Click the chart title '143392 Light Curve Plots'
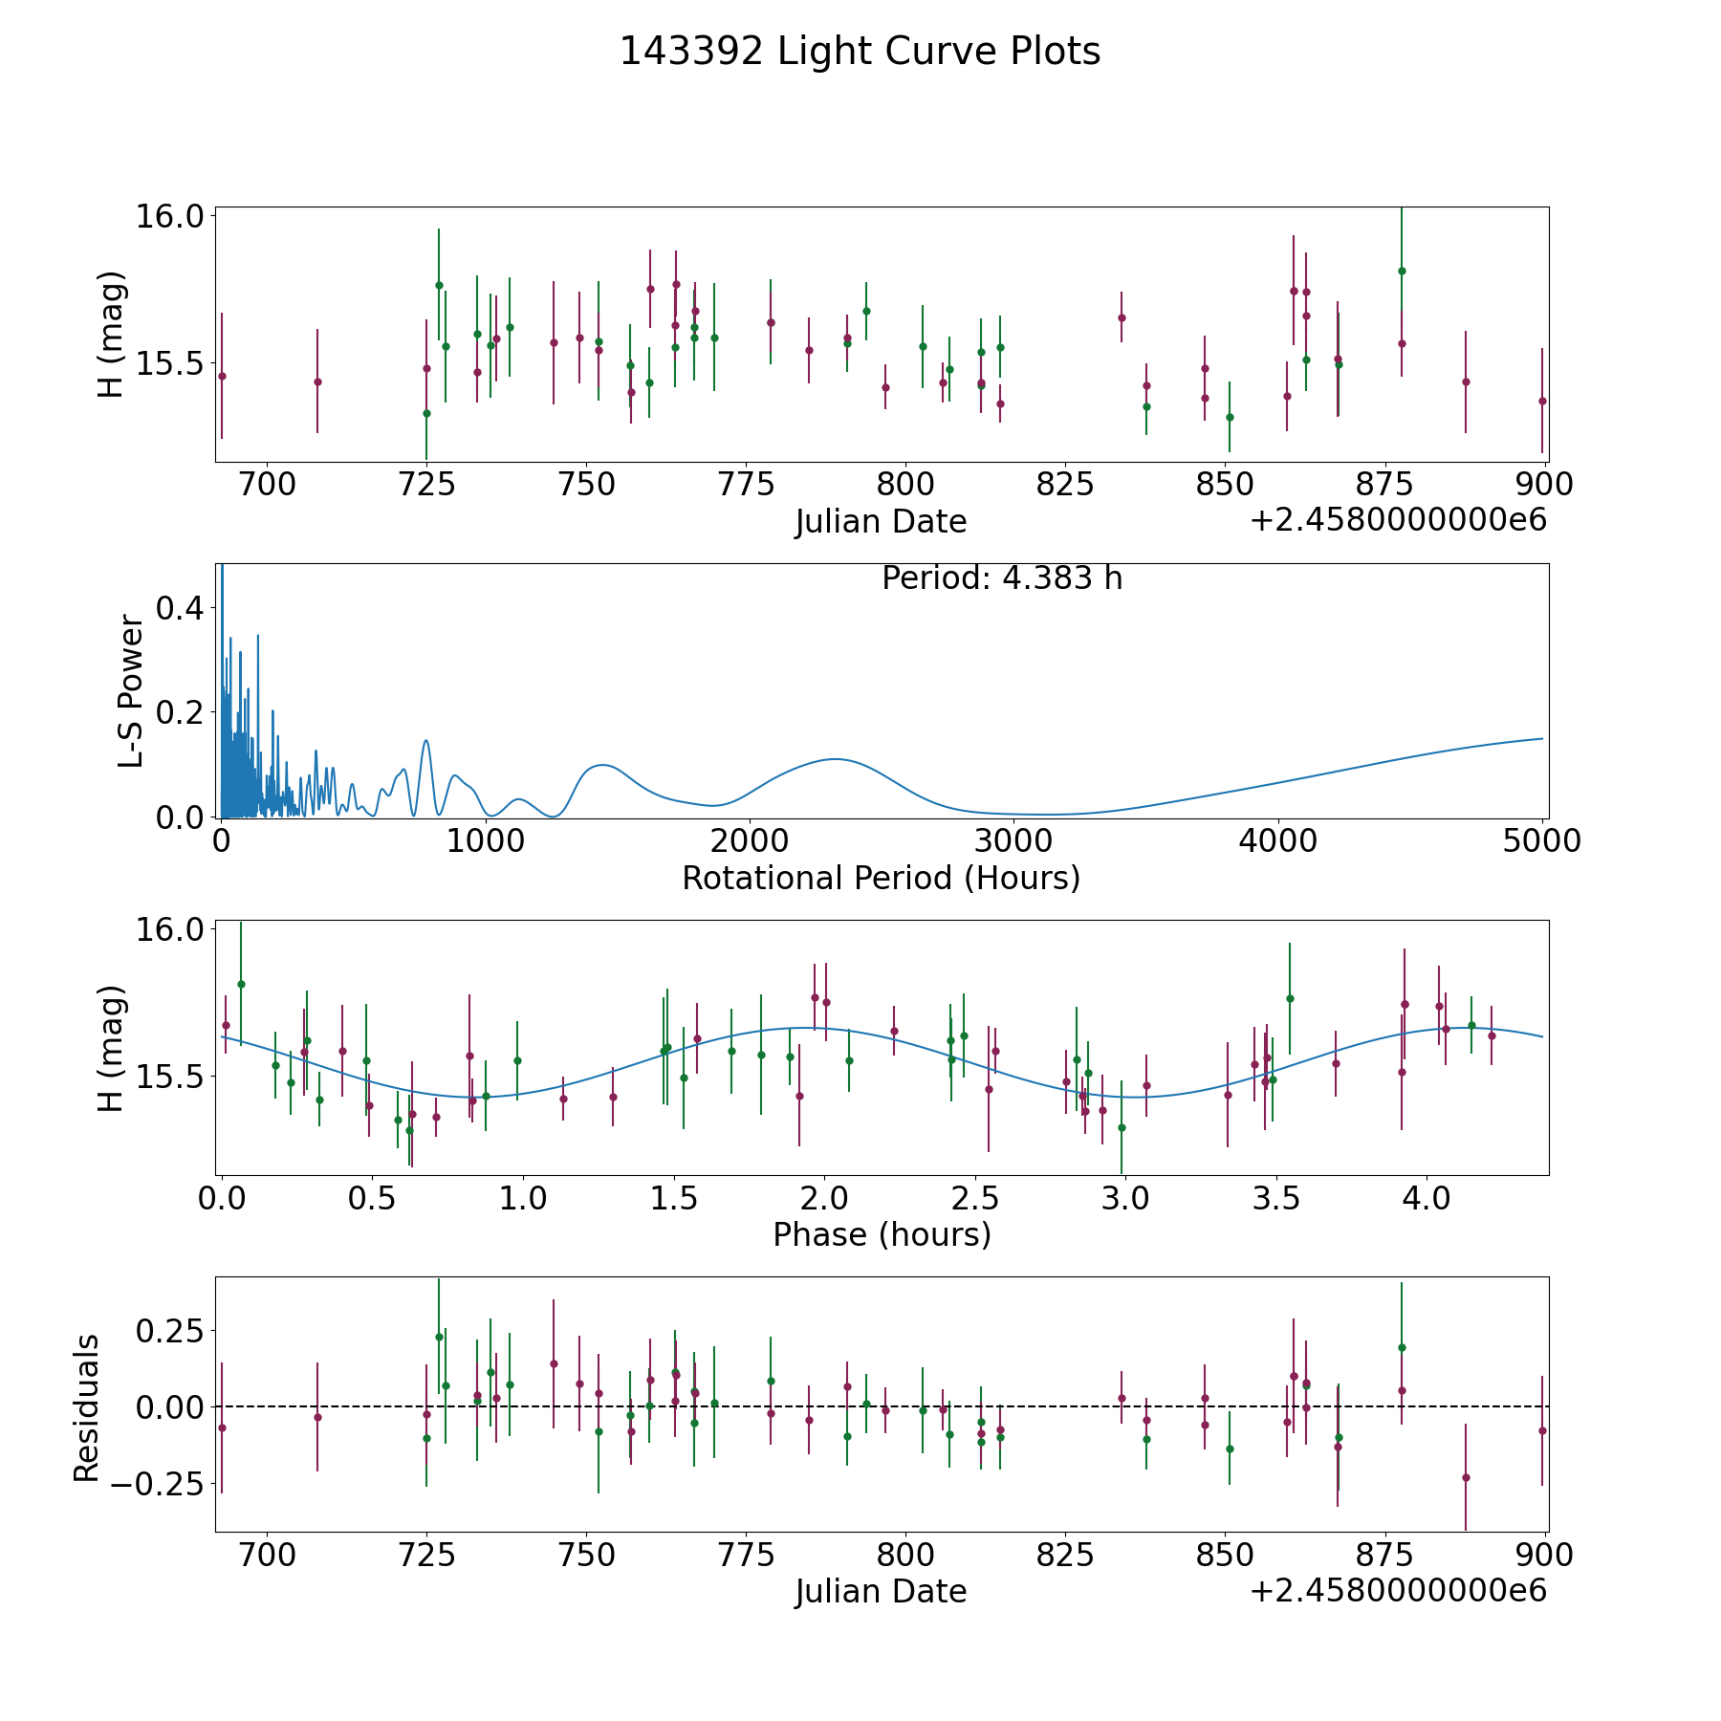pos(860,52)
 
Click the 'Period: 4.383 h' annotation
pos(1002,578)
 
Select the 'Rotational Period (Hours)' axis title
pos(881,878)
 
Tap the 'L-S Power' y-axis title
pos(131,691)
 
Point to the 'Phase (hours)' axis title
pos(882,1235)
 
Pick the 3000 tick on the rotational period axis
pos(1014,841)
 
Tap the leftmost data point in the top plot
pos(222,376)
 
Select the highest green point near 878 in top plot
pos(1402,271)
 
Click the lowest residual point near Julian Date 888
pos(1466,1477)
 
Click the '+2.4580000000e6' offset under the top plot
pos(1398,520)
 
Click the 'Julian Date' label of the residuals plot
pos(881,1592)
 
